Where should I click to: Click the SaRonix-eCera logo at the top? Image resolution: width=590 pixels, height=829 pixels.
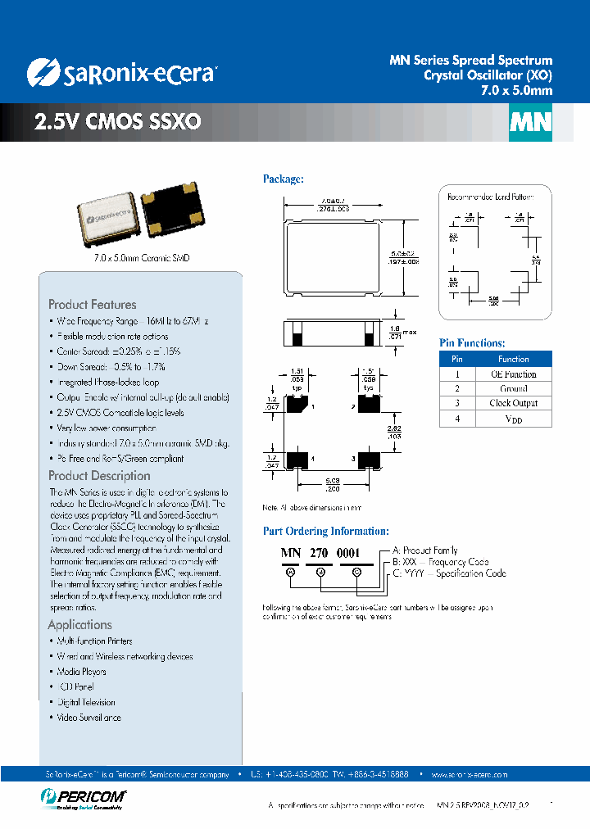point(121,74)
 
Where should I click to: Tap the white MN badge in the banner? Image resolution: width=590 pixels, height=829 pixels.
point(530,122)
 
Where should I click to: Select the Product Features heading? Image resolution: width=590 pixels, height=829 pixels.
point(93,304)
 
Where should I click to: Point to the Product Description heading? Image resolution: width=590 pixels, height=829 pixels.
point(99,475)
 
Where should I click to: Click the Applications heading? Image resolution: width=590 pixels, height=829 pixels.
point(79,624)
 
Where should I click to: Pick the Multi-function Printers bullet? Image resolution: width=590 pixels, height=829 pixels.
point(94,641)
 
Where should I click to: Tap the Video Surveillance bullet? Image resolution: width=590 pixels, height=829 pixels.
point(88,718)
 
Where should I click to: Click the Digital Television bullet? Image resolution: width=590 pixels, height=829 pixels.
point(86,702)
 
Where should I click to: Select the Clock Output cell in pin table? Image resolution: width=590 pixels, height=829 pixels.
point(513,403)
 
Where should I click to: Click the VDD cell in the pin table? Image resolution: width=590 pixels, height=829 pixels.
point(513,419)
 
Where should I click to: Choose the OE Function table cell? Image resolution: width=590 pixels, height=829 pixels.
point(513,374)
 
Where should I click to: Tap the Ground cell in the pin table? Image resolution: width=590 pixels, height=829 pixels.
point(513,388)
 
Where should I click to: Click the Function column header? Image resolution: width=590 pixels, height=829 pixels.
point(513,359)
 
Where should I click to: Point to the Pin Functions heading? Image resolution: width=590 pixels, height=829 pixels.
point(472,343)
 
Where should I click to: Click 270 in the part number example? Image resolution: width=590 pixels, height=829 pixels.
point(319,553)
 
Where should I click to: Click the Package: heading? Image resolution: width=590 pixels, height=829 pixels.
point(283,179)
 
